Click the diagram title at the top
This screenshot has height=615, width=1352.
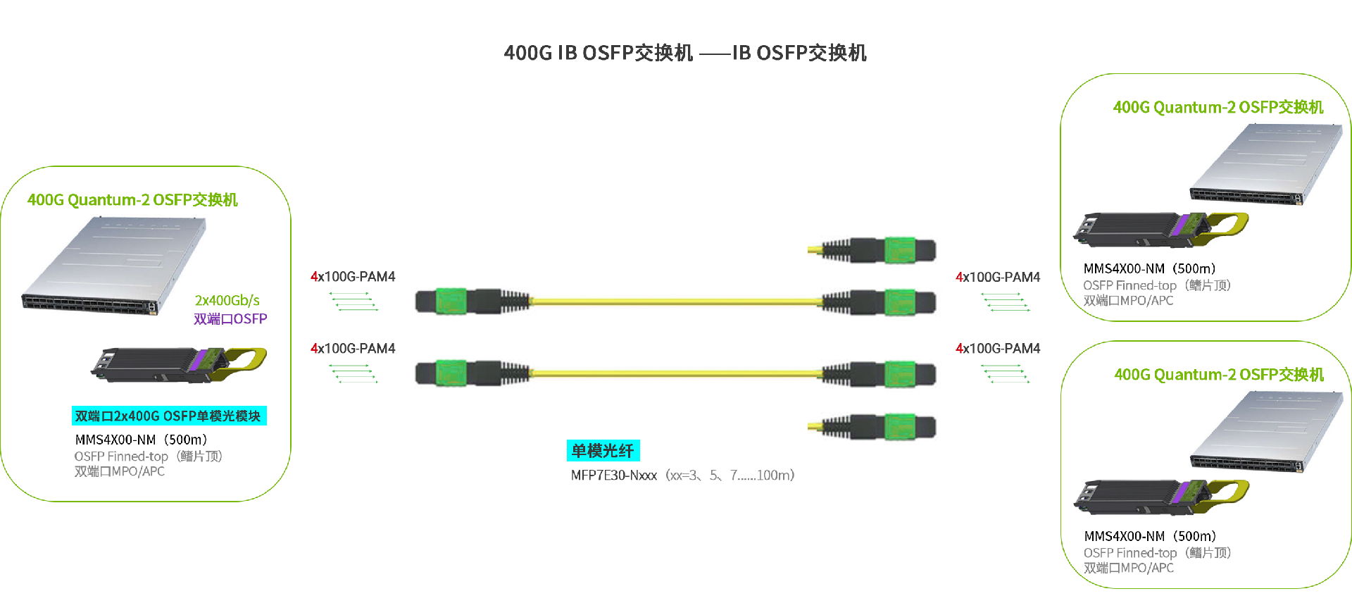tap(684, 53)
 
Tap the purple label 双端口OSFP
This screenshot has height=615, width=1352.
tap(230, 319)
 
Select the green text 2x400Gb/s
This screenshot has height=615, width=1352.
tap(227, 301)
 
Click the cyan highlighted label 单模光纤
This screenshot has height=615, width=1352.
tap(603, 451)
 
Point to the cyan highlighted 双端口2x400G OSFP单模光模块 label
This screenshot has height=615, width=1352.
tap(168, 416)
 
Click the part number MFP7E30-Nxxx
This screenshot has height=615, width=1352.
tap(613, 476)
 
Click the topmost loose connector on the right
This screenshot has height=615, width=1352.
tap(873, 250)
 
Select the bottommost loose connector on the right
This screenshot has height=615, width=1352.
tap(873, 426)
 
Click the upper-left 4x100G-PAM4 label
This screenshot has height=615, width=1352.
tap(353, 277)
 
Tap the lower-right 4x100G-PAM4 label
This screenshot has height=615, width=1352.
tap(998, 349)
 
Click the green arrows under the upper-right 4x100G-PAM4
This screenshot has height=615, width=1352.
tap(1006, 302)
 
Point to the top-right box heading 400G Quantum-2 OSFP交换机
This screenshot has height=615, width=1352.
tap(1218, 107)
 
